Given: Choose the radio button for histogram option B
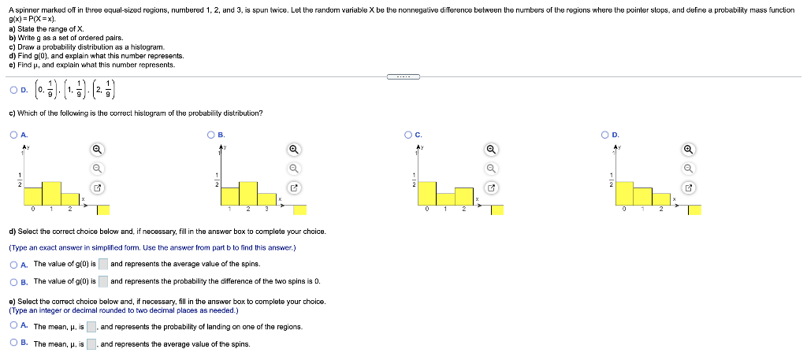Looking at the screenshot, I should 212,135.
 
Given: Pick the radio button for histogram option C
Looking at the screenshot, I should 408,135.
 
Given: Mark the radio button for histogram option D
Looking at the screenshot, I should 605,135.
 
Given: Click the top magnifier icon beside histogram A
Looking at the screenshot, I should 96,149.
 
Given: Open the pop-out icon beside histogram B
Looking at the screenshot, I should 293,187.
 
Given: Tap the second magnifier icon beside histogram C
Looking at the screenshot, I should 490,168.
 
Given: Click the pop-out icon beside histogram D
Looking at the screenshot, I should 688,187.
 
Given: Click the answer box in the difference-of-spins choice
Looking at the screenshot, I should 103,281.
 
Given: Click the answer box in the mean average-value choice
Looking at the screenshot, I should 91,343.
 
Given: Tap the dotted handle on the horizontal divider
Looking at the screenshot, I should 403,76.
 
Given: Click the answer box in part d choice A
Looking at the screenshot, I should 103,264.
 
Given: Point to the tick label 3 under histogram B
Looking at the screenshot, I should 267,210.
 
